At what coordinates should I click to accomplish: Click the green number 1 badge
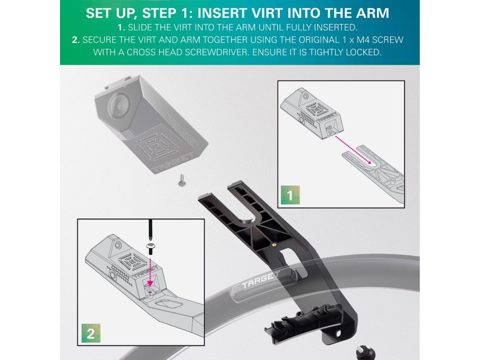pos(290,195)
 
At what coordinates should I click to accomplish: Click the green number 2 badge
pos(91,333)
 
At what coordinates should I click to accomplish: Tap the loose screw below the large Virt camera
pos(181,180)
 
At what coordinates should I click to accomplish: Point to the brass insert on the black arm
pos(275,244)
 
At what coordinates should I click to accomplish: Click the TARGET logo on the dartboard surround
pos(261,280)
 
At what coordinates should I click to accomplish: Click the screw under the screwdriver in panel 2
pos(150,248)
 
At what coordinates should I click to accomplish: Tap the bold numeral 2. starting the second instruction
pos(76,40)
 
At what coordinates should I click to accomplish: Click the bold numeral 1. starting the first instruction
pos(121,28)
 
